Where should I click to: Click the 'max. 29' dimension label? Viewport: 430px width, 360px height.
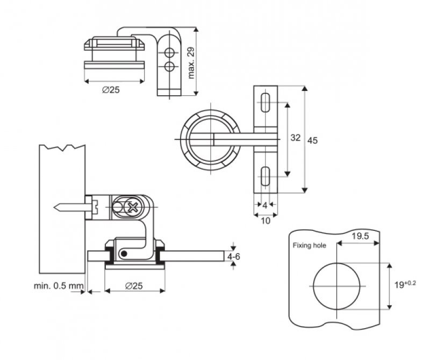(191, 62)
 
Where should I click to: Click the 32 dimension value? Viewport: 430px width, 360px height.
(295, 138)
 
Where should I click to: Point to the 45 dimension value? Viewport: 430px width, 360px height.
(312, 140)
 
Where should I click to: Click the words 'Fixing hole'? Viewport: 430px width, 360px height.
(309, 246)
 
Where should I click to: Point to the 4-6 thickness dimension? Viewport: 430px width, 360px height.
(233, 257)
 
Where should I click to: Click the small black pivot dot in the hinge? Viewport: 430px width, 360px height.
(124, 253)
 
